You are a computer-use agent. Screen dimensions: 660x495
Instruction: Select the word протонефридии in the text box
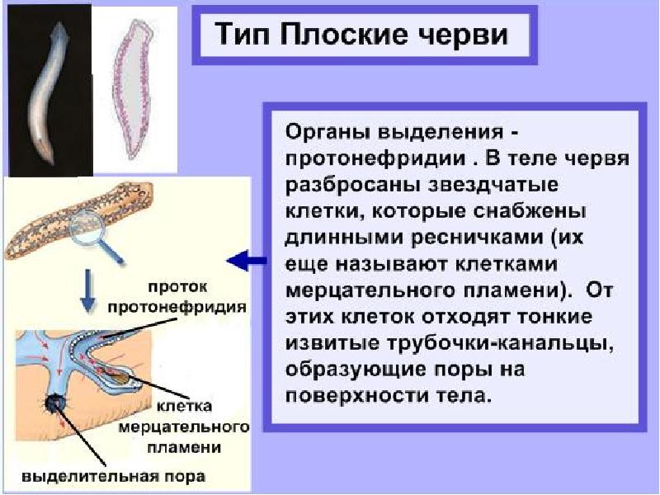point(376,159)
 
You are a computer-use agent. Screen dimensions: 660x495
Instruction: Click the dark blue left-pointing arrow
point(247,261)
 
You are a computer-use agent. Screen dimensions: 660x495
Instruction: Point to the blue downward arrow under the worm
point(87,290)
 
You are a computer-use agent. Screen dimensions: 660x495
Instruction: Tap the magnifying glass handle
point(111,251)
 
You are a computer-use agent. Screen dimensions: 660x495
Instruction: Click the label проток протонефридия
point(177,297)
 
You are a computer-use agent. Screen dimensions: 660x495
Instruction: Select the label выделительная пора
point(114,477)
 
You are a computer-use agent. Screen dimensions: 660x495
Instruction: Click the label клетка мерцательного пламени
point(184,427)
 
